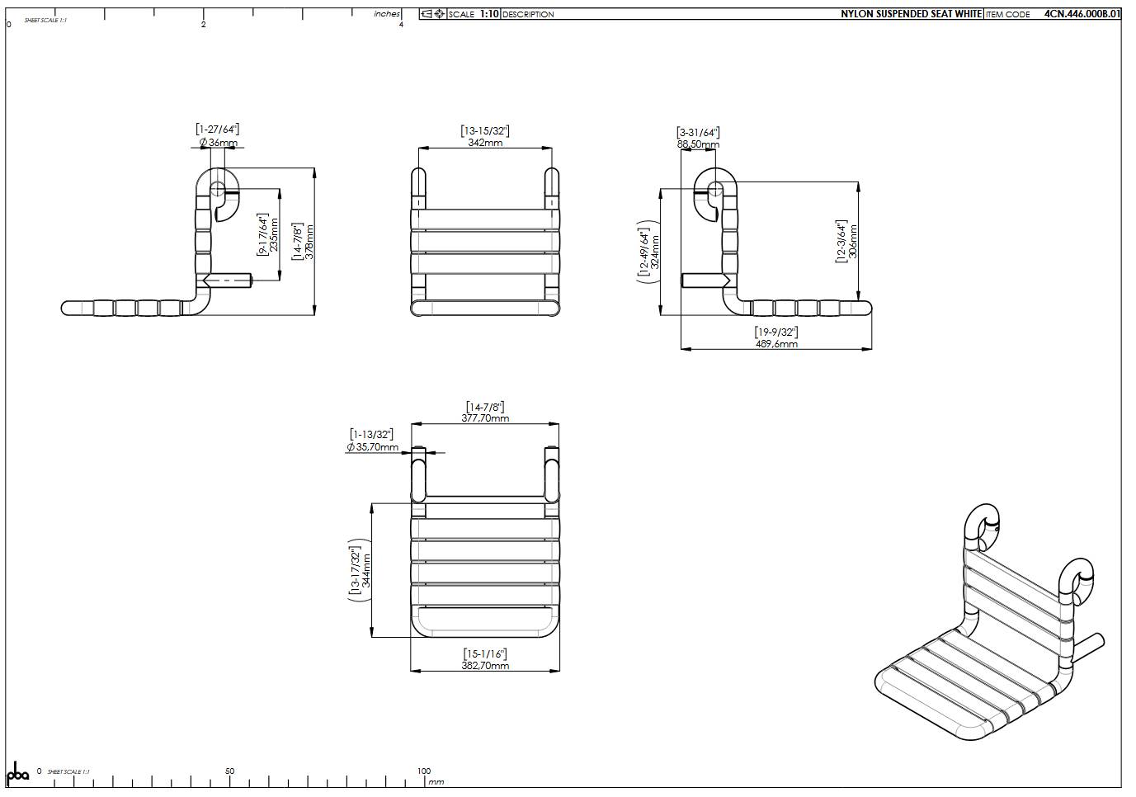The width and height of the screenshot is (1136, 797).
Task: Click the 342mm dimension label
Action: pos(485,143)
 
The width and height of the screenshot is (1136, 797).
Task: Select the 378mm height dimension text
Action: pos(310,242)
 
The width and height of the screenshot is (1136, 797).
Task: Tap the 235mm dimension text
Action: pos(275,236)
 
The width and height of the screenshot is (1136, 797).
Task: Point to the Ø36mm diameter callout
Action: pos(218,143)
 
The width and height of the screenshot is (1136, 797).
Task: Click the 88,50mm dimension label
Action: pos(698,144)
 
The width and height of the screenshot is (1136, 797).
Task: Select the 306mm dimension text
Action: pos(854,242)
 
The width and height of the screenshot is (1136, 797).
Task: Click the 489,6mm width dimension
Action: pos(776,344)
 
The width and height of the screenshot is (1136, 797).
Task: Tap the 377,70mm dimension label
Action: pos(485,418)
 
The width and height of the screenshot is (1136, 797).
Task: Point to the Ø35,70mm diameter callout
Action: pos(373,447)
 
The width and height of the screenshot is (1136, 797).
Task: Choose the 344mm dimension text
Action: pos(367,570)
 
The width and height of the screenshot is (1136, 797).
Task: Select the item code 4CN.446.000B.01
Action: pos(1082,14)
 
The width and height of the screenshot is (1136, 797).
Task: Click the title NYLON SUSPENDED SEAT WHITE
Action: pos(911,14)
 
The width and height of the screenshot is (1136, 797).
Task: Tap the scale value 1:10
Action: pos(489,14)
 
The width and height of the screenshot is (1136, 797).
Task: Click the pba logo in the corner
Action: pos(18,775)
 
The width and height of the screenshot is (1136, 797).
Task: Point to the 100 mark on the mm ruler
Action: pos(424,771)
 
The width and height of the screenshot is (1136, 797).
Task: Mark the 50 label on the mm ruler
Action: pos(229,771)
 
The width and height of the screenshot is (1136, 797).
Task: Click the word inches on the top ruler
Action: pos(386,14)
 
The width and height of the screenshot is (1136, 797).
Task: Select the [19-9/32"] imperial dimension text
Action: pos(776,332)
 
